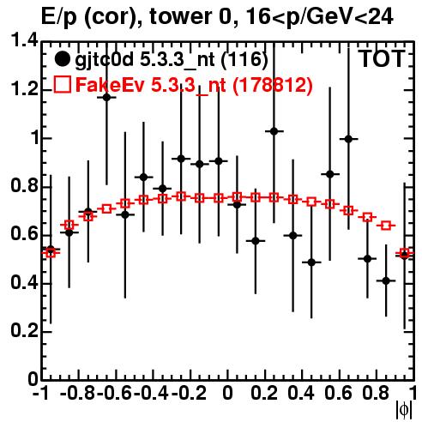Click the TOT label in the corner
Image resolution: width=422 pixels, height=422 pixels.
(383, 58)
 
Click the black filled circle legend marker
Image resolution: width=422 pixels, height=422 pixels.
(62, 59)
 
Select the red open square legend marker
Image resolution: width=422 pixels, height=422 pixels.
(62, 84)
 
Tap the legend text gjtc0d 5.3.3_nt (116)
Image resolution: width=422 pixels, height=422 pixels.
(172, 60)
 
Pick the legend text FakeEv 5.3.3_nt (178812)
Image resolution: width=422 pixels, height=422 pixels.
(194, 85)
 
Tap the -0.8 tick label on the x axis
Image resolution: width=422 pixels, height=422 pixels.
(77, 393)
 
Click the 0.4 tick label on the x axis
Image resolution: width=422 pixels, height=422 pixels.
(301, 393)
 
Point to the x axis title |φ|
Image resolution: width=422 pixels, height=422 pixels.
(404, 410)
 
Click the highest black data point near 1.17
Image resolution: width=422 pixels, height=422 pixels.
(106, 97)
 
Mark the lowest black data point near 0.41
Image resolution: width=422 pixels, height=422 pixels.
(386, 280)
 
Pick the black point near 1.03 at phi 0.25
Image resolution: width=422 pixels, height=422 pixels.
(274, 131)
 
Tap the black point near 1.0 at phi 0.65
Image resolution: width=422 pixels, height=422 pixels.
(348, 139)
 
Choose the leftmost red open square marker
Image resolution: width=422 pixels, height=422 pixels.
(51, 253)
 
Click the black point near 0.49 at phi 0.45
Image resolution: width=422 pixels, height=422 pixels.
(311, 262)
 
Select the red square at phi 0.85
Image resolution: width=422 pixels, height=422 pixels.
(386, 226)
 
